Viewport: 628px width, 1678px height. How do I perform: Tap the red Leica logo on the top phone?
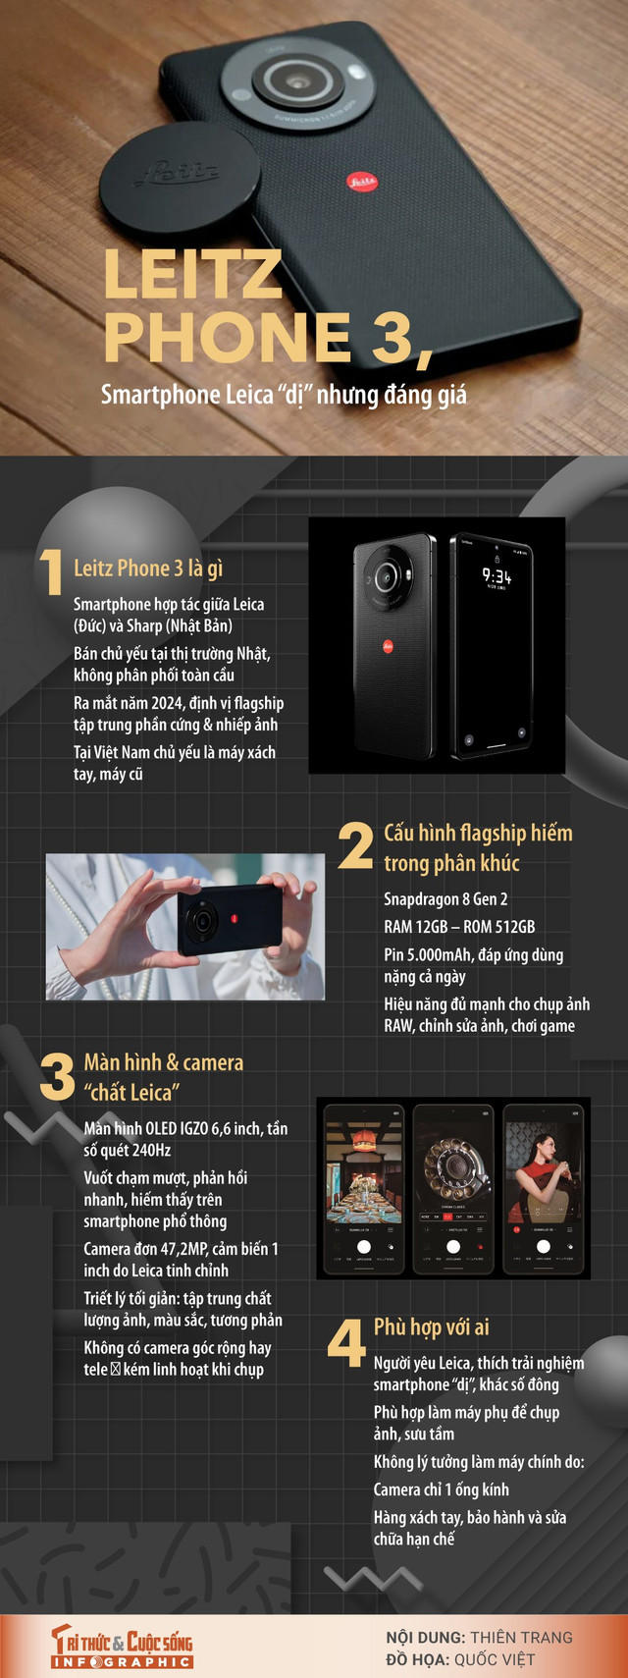pos(361,181)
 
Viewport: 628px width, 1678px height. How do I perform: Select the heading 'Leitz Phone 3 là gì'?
pos(148,568)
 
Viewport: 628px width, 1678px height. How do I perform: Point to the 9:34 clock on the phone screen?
pos(496,576)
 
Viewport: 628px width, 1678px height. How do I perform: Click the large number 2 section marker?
pos(355,846)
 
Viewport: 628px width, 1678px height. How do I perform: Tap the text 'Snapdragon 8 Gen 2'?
pos(445,898)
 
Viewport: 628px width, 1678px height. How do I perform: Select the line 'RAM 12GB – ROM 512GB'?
pos(459,926)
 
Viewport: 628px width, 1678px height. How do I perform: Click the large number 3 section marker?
pos(57,1077)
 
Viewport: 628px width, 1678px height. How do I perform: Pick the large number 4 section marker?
pos(346,1342)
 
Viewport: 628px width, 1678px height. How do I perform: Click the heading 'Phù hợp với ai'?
pos(432,1327)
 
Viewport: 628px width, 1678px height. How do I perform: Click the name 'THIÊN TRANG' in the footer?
pos(521,1637)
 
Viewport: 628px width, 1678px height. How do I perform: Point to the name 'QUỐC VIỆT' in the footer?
pos(495,1659)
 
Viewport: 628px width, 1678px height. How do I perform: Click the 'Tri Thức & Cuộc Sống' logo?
pos(123,1646)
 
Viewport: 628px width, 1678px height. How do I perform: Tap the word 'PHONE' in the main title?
pos(228,338)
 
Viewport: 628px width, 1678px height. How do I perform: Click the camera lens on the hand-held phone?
pos(204,920)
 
